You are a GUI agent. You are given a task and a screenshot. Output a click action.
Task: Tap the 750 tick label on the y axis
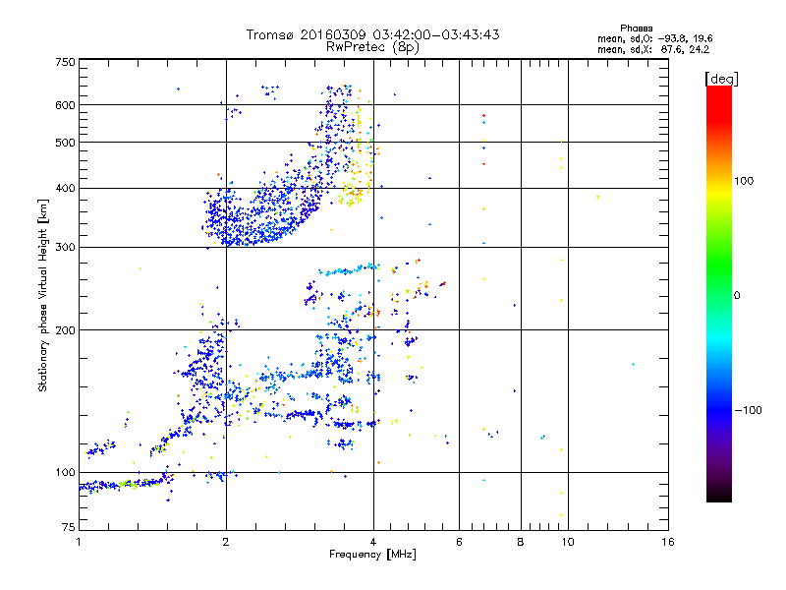[65, 62]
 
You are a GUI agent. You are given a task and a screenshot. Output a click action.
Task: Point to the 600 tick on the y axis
[65, 104]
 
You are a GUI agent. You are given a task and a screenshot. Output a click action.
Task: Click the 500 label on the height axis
[65, 143]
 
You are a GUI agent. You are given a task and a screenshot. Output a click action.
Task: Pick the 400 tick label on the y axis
[65, 188]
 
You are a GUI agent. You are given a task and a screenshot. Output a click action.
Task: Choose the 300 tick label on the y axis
[65, 247]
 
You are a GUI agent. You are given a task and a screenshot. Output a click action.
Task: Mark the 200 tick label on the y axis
[65, 330]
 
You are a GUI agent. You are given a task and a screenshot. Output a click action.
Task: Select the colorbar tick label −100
[749, 410]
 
